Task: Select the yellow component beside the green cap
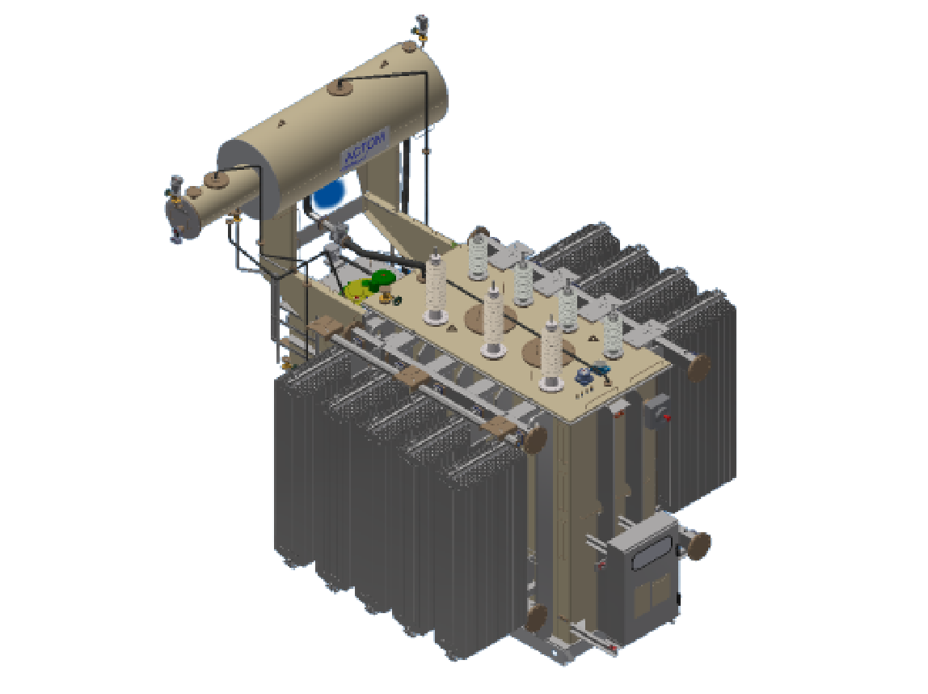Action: coord(356,290)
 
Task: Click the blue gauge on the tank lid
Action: coord(583,375)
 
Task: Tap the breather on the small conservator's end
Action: coord(172,188)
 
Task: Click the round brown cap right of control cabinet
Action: coord(698,545)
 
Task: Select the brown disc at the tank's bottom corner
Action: coord(536,618)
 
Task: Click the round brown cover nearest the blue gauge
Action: coord(540,350)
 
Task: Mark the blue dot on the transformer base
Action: coord(555,650)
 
